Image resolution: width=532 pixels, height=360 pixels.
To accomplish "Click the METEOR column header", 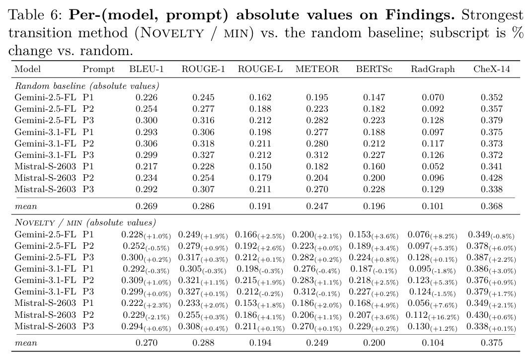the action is click(x=317, y=69).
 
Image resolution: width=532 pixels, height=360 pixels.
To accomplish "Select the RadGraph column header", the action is click(x=433, y=69).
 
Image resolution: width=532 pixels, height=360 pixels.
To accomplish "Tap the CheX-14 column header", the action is click(x=492, y=69).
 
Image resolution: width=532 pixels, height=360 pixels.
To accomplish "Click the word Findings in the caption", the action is click(x=420, y=15).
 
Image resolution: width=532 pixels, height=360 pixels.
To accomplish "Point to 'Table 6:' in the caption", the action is click(x=35, y=15).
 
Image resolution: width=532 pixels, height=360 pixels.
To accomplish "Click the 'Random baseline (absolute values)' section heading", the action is click(x=87, y=86).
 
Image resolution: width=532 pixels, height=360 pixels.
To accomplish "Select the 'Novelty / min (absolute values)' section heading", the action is click(x=85, y=223).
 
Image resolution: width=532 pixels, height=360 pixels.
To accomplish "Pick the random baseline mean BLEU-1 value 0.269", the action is click(x=147, y=206).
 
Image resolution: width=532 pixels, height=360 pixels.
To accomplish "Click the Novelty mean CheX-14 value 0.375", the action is click(x=492, y=343).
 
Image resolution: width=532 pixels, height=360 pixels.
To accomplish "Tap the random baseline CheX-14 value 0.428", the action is click(x=492, y=178).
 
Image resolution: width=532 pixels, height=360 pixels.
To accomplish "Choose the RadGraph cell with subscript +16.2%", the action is click(x=432, y=315).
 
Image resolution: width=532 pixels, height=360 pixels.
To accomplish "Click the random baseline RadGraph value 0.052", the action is click(x=433, y=167).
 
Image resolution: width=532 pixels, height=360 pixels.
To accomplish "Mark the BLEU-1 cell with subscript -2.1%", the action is click(x=146, y=315).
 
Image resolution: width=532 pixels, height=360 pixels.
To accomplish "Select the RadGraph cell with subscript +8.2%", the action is click(x=432, y=235).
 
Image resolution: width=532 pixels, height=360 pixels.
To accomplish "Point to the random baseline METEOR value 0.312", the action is click(x=317, y=155).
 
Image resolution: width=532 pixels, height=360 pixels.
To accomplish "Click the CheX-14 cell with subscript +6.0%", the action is click(x=491, y=247).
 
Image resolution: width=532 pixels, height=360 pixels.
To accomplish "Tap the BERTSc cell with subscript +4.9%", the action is click(x=374, y=304).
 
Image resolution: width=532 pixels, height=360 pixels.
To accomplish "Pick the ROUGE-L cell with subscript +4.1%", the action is click(x=260, y=315).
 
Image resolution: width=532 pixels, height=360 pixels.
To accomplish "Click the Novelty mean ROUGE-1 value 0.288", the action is click(x=203, y=343).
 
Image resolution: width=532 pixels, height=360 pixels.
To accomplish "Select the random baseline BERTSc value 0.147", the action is click(x=374, y=98).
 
